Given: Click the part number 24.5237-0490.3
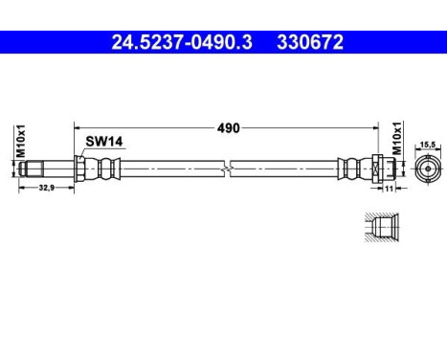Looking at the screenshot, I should coord(183,42).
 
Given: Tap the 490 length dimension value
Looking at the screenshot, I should coord(227,126).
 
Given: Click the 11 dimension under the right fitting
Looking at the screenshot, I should coord(389,190).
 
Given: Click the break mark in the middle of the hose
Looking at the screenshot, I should coord(227,168).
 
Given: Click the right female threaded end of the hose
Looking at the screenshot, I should coord(393,168).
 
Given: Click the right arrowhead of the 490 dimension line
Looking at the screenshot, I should coord(376,126).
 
